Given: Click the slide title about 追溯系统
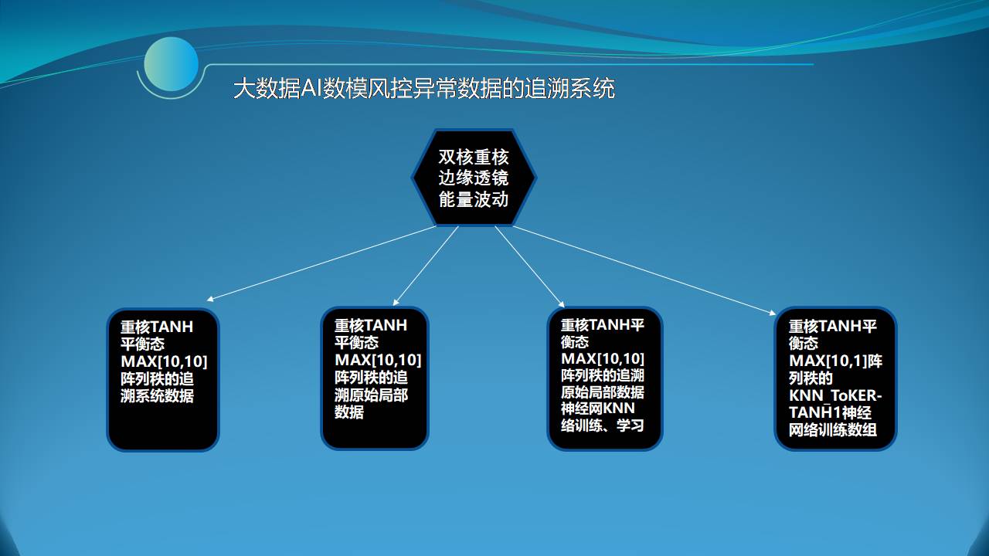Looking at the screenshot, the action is [x=424, y=88].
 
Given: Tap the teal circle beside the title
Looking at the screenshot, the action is [x=172, y=64].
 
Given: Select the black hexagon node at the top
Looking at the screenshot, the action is [x=474, y=178].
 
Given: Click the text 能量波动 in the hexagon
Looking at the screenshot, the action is [x=474, y=199].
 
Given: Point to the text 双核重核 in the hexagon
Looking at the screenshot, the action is [x=474, y=157].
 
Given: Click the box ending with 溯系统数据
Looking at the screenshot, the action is [x=163, y=379].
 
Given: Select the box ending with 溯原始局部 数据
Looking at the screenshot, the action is [x=375, y=378].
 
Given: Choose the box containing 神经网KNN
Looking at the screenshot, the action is [x=605, y=378].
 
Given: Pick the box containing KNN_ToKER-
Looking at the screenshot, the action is [x=835, y=379].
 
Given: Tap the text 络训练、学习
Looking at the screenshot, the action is [x=602, y=425].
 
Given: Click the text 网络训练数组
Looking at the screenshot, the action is [x=833, y=429].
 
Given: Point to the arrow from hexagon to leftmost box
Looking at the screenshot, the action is [x=321, y=263].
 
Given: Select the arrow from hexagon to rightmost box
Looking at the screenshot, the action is [x=644, y=270].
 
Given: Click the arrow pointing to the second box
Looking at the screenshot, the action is [x=426, y=266].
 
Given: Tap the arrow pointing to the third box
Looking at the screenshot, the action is [x=530, y=266].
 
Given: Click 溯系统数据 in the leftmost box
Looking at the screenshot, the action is [x=157, y=396].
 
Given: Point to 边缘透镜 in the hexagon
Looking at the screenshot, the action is [x=474, y=178].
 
